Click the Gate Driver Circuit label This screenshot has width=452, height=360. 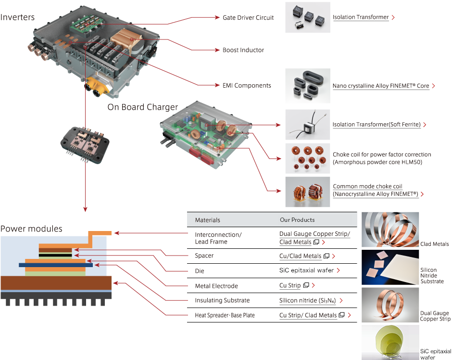pos(248,17)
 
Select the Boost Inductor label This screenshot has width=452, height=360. pos(243,50)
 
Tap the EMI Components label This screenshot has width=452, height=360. pos(246,86)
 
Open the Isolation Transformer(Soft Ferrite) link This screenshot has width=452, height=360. pos(377,125)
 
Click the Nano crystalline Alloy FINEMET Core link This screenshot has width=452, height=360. pos(381,86)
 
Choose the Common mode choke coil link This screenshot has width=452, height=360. pos(375,190)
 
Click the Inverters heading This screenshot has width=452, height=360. pos(18,17)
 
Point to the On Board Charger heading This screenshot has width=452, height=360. pos(142,107)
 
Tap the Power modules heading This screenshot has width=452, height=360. pos(31,229)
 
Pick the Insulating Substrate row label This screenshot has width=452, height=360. pos(222,300)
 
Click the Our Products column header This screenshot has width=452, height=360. pos(297,220)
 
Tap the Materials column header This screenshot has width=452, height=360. pos(207,220)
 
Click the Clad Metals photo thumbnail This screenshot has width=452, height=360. pos(389,230)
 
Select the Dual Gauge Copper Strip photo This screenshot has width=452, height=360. pos(389,305)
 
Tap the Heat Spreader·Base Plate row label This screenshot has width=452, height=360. pos(225,315)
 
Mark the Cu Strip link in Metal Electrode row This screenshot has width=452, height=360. pos(290,285)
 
